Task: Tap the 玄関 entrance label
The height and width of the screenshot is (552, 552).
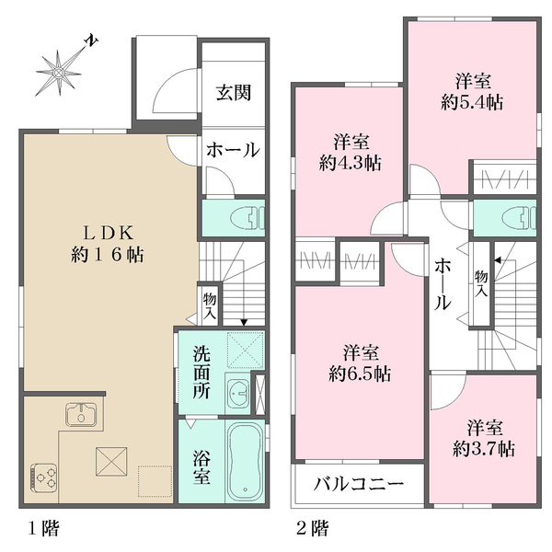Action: click(233, 93)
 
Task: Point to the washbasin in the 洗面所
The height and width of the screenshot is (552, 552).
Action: click(236, 392)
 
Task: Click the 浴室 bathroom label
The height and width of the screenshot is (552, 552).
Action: click(201, 466)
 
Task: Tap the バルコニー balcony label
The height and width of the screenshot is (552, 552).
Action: click(358, 484)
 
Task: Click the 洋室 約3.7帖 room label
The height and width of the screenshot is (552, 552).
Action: click(483, 439)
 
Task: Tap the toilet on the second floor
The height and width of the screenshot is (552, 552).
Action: click(522, 218)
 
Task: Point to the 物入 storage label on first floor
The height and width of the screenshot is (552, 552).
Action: click(209, 305)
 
